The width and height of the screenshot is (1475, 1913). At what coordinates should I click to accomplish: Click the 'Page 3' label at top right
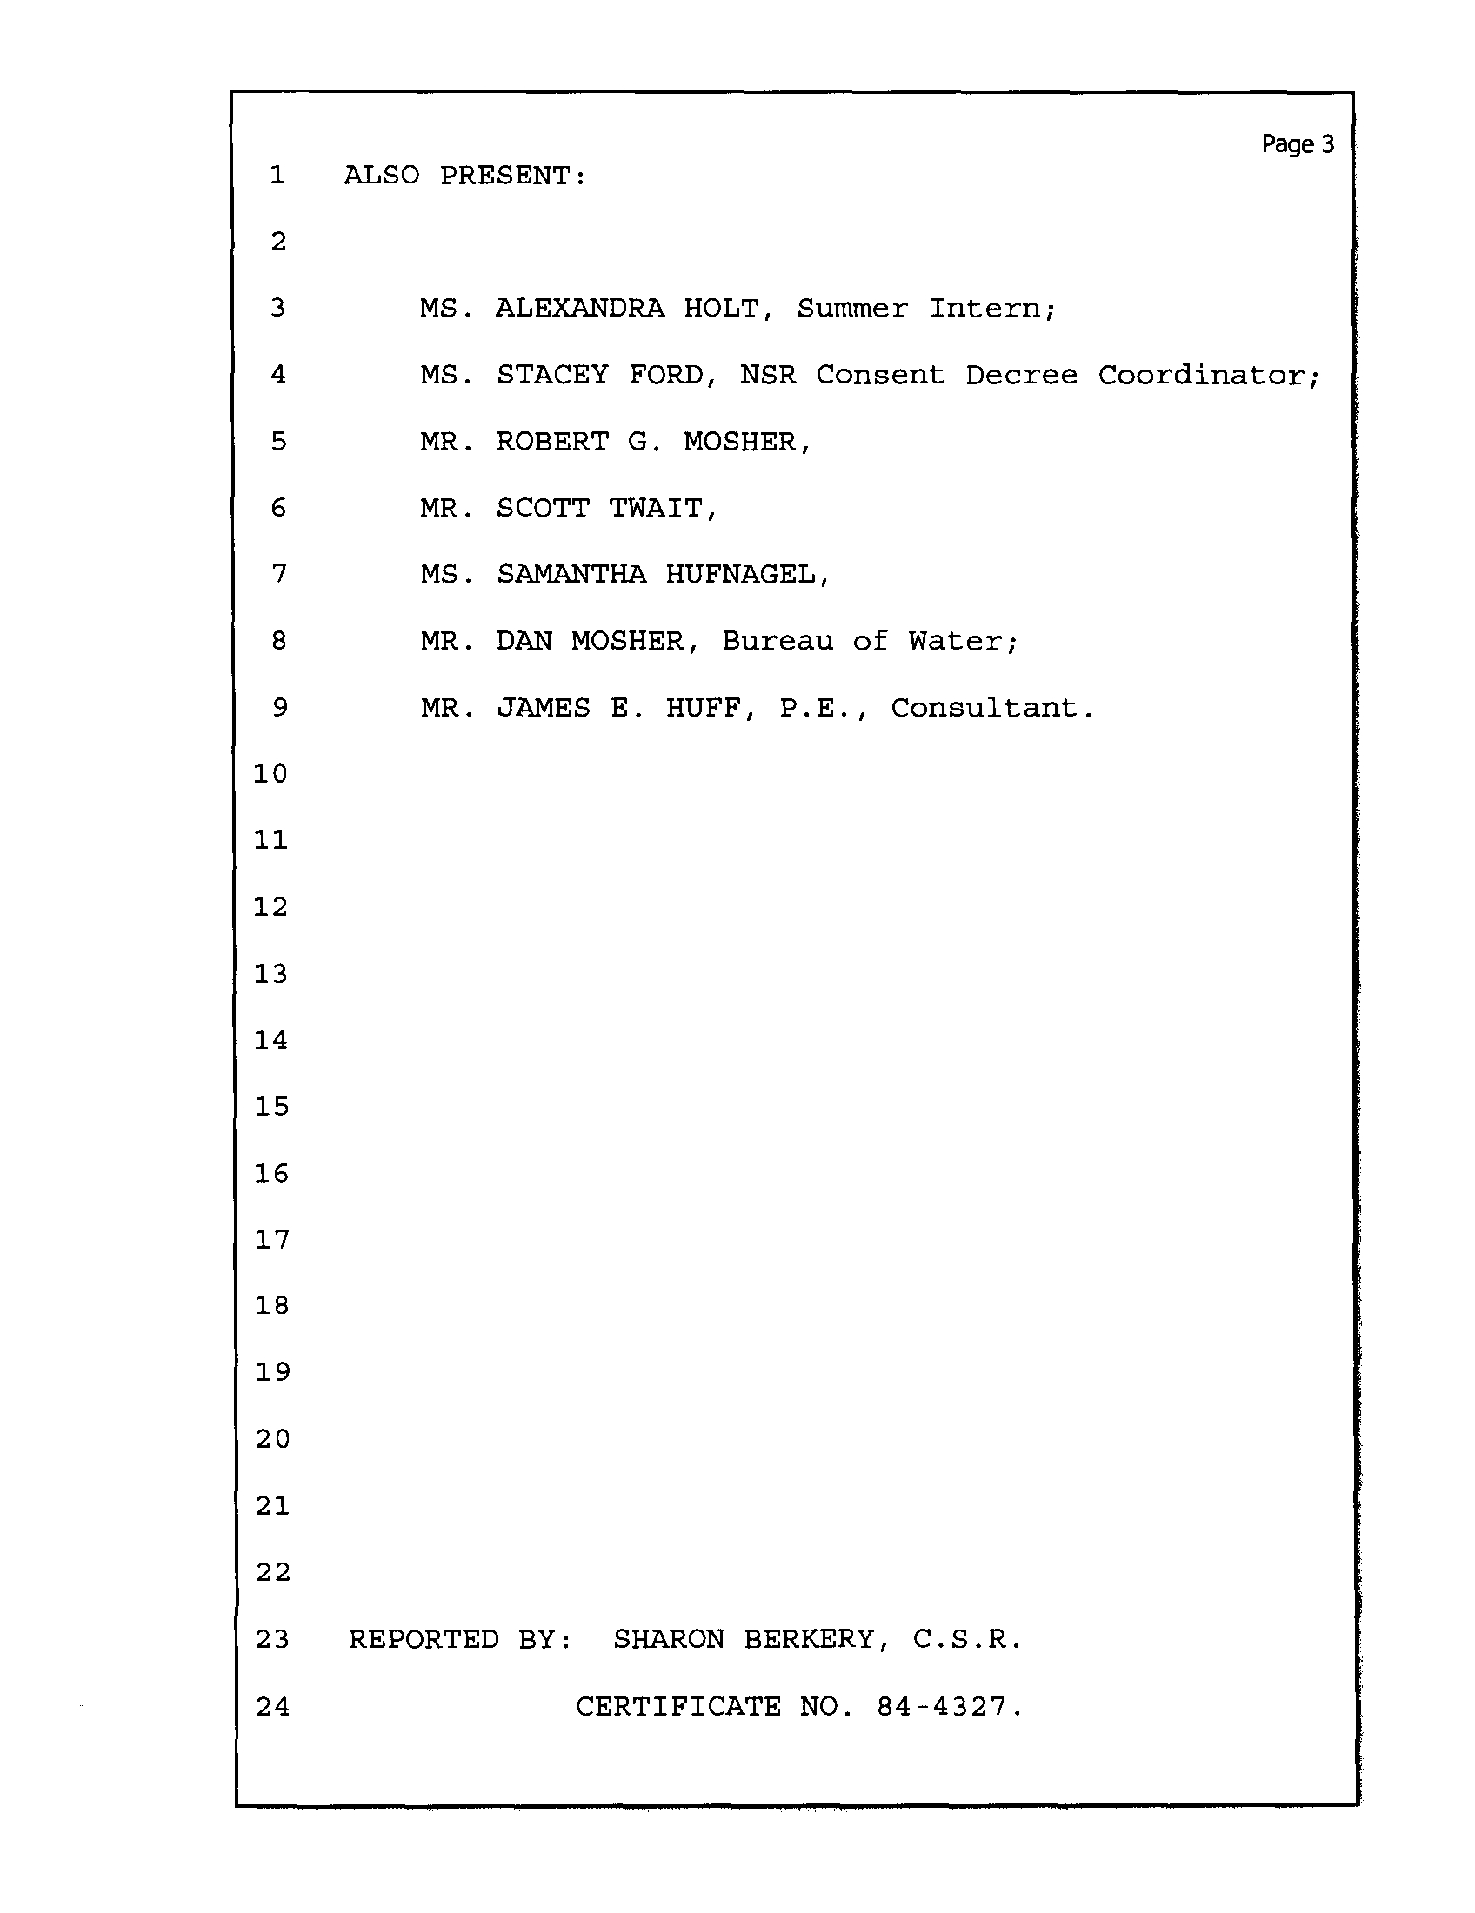pos(1298,144)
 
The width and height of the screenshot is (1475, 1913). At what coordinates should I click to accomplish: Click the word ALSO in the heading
pos(381,175)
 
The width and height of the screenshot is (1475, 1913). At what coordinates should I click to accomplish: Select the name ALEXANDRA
pos(580,309)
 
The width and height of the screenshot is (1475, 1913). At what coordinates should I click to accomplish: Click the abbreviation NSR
pos(768,375)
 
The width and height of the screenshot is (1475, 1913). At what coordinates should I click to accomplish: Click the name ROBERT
pos(551,442)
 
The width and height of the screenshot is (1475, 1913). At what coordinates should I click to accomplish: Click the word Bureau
pos(778,641)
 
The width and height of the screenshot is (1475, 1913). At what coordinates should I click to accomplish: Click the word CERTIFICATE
pos(678,1706)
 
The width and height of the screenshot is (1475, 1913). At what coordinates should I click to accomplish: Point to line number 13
pos(270,973)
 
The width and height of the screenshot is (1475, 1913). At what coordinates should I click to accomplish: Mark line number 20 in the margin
pos(272,1439)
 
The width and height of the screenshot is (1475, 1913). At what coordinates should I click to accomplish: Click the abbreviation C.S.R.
pos(967,1639)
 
